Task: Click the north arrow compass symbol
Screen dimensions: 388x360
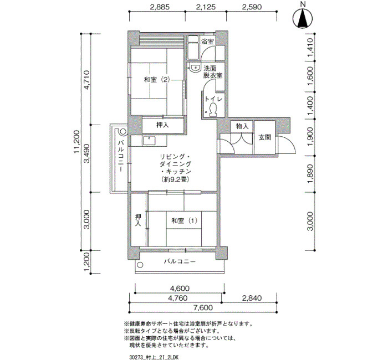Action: [x=303, y=18]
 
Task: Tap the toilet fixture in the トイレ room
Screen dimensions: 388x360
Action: [x=213, y=110]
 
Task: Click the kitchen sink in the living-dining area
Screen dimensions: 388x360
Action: [x=149, y=141]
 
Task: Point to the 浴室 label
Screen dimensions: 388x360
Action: [x=207, y=41]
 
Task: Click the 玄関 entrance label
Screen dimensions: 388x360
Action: [x=265, y=137]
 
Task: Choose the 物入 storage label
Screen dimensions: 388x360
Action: [x=242, y=126]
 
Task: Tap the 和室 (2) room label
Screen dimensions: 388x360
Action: [x=157, y=80]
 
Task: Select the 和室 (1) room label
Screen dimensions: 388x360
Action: [x=185, y=220]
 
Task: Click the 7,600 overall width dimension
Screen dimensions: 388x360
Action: [x=203, y=307]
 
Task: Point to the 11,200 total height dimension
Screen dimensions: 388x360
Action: [x=76, y=142]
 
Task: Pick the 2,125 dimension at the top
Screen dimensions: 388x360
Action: [x=206, y=7]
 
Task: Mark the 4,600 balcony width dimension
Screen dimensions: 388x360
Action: [x=180, y=289]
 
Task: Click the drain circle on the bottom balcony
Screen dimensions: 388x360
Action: [x=140, y=265]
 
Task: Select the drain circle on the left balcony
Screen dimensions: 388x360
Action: [x=123, y=131]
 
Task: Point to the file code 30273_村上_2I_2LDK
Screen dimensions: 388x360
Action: [x=154, y=357]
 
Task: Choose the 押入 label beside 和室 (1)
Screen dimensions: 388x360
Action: [x=138, y=220]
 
